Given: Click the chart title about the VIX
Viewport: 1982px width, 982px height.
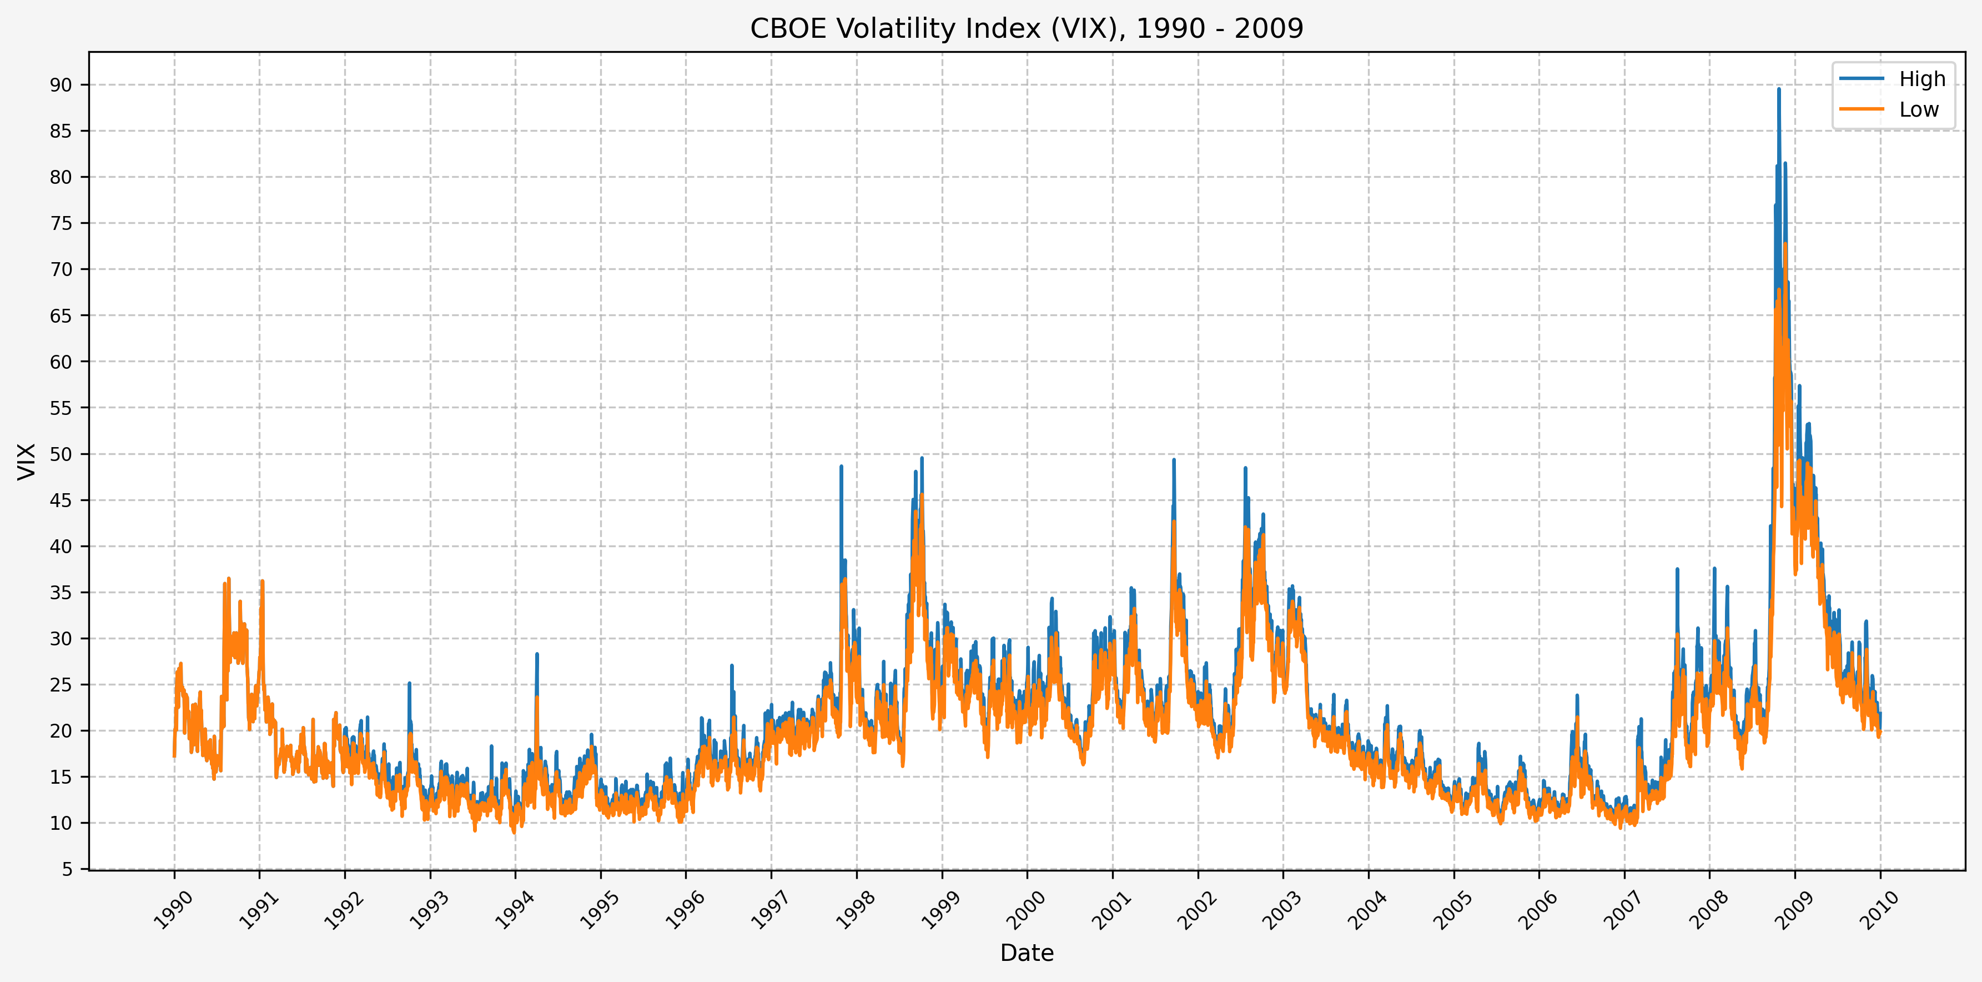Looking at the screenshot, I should point(1027,28).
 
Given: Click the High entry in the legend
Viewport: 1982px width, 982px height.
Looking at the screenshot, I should point(1921,79).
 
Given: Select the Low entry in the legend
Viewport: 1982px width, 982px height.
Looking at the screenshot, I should point(1918,110).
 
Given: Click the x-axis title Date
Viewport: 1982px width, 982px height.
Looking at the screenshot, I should point(1027,953).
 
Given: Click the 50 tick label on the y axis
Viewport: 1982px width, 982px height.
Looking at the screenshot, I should point(61,454).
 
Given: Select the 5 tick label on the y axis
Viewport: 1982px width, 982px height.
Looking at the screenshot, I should point(67,869).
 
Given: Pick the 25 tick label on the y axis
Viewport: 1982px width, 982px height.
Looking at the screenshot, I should point(61,685).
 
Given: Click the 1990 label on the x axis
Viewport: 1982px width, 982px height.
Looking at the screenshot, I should point(173,910).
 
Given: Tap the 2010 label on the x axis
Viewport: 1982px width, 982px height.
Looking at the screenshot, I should point(1880,910).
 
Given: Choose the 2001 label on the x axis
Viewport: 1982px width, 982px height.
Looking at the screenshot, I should point(1112,910).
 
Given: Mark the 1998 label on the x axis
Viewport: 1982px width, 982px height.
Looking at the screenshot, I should point(856,910).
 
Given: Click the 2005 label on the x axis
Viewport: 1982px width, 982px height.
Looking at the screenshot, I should point(1453,910).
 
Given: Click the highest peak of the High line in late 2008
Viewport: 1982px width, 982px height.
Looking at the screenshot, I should point(1778,89).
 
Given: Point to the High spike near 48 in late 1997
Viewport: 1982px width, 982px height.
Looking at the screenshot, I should point(841,467).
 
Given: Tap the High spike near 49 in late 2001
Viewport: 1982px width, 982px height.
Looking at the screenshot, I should point(1173,460).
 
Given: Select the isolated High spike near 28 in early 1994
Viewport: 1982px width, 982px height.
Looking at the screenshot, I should point(537,654).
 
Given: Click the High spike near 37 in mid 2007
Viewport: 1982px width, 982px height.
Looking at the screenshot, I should point(1677,569).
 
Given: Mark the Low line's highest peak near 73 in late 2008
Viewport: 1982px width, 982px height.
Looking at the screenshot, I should point(1785,244).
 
